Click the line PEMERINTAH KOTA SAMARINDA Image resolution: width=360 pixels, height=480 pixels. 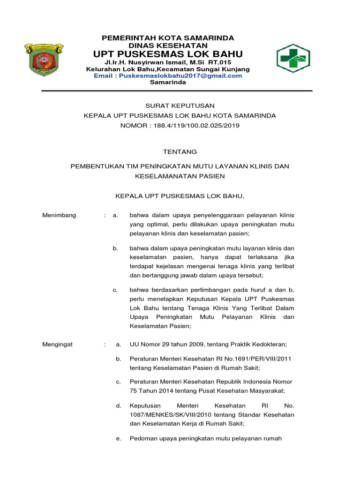pos(168,37)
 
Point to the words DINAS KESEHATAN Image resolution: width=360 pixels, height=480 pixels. pos(168,45)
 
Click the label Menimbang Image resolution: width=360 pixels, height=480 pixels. pos(59,215)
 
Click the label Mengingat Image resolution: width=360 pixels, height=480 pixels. pos(59,345)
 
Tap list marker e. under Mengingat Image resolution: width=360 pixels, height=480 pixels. pos(119,439)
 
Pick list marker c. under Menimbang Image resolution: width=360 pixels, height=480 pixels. pos(115,291)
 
